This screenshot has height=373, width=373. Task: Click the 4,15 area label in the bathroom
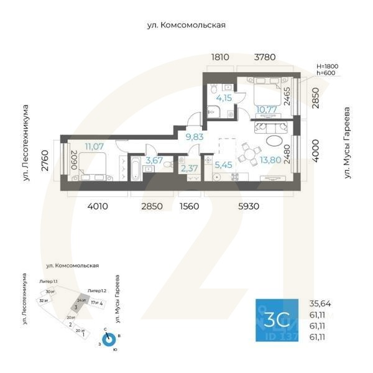click(x=224, y=98)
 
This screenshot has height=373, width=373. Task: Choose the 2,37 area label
click(x=189, y=168)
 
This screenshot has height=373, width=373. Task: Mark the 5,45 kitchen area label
click(x=224, y=165)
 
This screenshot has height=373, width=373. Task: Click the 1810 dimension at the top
click(x=220, y=57)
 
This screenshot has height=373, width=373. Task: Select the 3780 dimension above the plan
click(x=265, y=57)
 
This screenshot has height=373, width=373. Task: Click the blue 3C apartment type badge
click(x=278, y=320)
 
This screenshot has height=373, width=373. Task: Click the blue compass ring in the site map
click(x=109, y=339)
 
